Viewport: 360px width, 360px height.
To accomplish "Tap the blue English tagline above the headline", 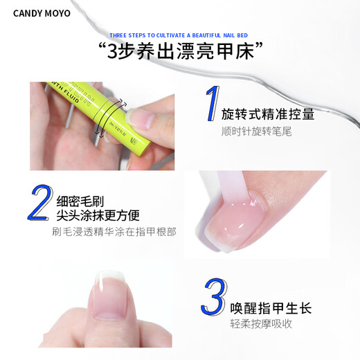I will point(179,35).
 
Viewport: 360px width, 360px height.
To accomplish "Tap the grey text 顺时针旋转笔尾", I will point(256,131).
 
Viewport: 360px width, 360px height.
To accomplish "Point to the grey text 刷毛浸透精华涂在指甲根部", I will point(114,231).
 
